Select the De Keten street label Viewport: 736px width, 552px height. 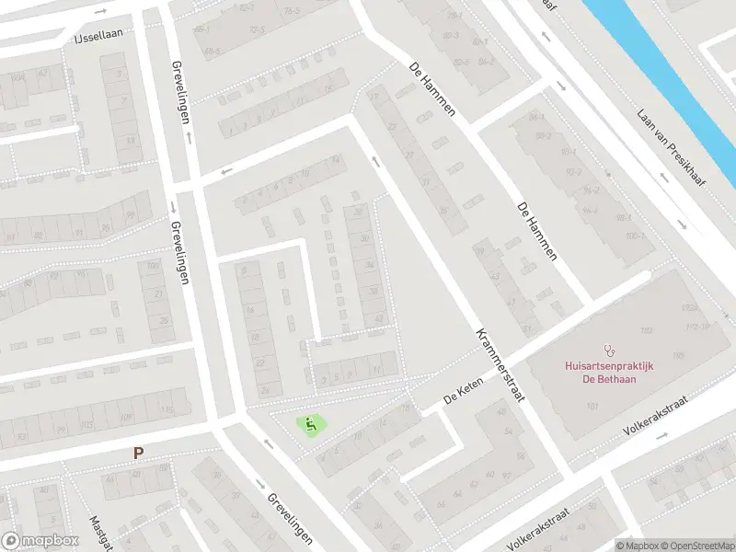463,395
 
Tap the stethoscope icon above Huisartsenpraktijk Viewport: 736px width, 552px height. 608,350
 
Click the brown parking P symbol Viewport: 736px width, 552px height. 138,453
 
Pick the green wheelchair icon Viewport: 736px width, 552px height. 311,425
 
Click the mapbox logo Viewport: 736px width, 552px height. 39,541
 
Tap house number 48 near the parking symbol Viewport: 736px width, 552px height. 111,479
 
